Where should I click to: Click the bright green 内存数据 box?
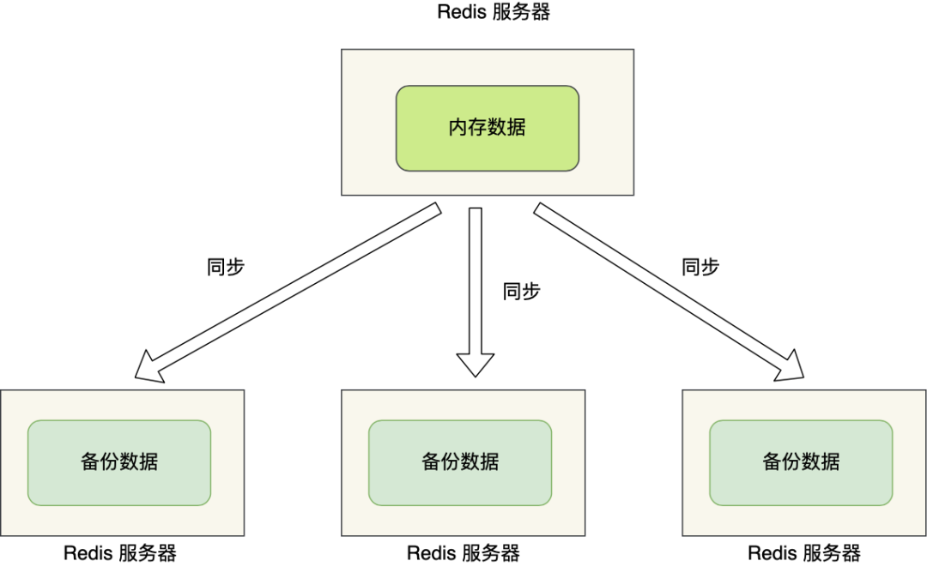tap(487, 128)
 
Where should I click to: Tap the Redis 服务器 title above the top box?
tap(493, 12)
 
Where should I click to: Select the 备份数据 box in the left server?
tap(119, 461)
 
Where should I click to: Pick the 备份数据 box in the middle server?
tap(460, 461)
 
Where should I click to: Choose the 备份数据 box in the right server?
tap(801, 461)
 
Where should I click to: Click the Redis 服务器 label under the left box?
tap(120, 553)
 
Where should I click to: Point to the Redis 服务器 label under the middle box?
tap(463, 553)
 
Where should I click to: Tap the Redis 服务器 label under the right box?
tap(804, 553)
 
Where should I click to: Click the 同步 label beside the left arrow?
tap(226, 267)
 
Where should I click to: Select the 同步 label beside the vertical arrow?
tap(521, 292)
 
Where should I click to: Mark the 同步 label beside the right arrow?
tap(700, 267)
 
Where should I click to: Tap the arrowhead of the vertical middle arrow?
tap(476, 365)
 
